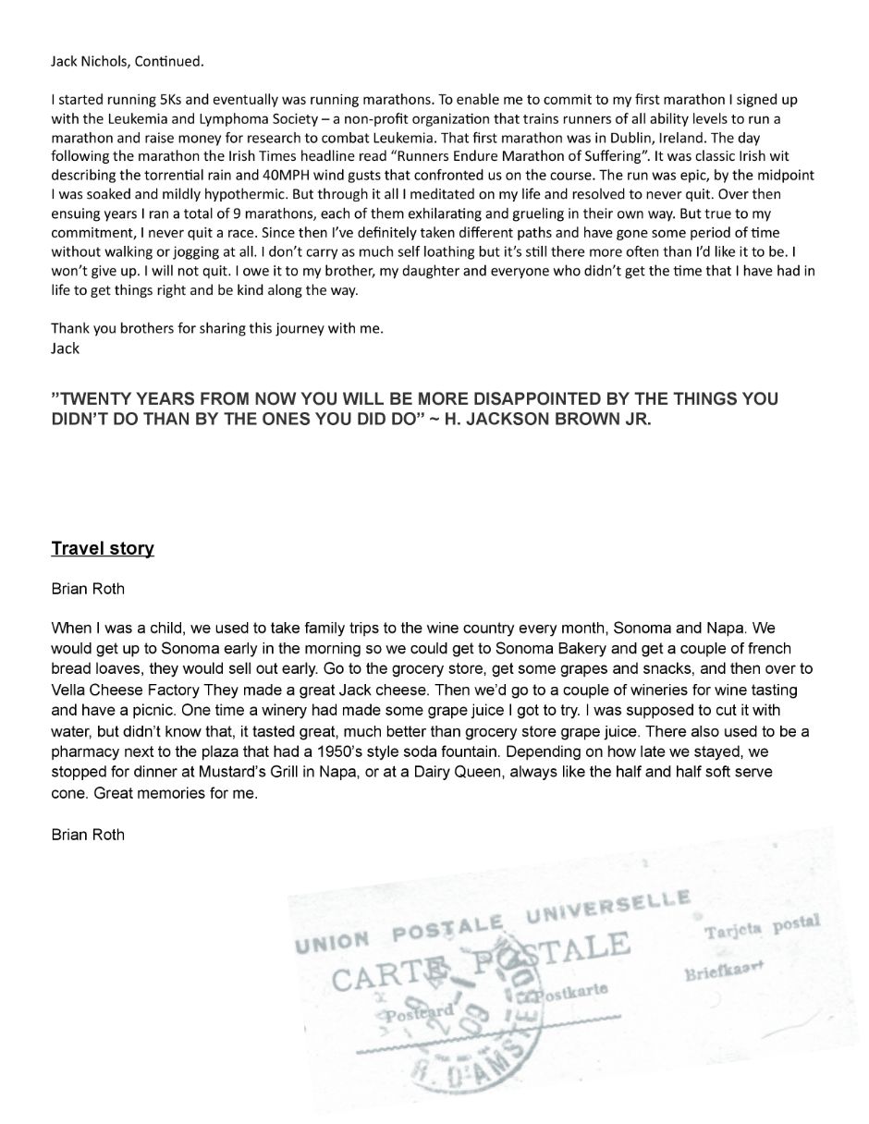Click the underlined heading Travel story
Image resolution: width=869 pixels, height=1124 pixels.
pos(103,549)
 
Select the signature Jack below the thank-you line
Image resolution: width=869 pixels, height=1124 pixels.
pos(65,348)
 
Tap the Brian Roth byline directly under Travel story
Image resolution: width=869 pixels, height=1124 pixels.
pos(88,589)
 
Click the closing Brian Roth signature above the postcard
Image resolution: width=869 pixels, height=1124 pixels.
pos(88,835)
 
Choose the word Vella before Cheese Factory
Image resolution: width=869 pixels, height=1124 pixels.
pos(69,690)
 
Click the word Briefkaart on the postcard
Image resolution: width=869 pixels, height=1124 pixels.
pos(725,970)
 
